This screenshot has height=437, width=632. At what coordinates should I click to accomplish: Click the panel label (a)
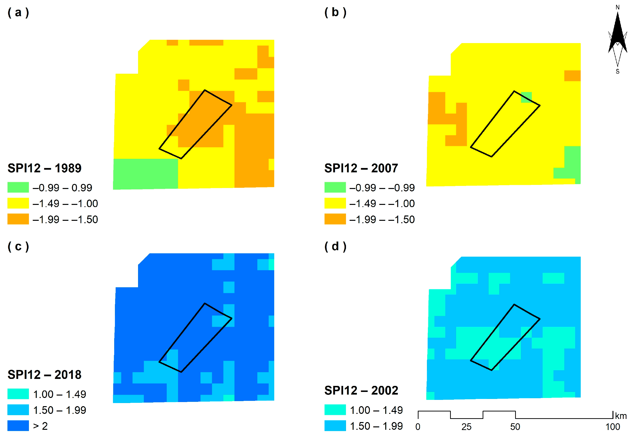(18, 13)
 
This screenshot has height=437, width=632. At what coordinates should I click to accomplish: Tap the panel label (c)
(18, 246)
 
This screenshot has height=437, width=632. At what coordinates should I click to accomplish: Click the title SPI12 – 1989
(44, 168)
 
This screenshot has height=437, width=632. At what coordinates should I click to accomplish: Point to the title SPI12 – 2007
(361, 168)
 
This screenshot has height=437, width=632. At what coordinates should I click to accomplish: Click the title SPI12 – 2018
(44, 375)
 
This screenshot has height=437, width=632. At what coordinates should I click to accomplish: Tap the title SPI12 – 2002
(361, 390)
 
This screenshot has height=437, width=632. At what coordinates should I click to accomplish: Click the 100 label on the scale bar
(612, 427)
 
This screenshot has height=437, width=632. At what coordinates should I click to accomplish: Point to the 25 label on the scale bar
(466, 427)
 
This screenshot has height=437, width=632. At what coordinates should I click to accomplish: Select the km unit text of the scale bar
(620, 416)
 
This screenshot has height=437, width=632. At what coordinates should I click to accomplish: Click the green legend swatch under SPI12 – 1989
(18, 188)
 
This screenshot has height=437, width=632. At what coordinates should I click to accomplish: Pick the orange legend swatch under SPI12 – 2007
(335, 219)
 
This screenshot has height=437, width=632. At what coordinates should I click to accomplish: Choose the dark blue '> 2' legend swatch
(18, 426)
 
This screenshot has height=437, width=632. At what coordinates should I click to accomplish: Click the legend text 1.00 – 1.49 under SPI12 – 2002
(376, 410)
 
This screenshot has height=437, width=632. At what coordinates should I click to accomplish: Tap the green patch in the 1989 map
(145, 174)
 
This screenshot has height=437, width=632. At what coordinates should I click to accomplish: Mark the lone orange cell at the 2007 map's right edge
(572, 76)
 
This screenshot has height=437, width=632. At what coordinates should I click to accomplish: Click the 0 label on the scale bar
(418, 427)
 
